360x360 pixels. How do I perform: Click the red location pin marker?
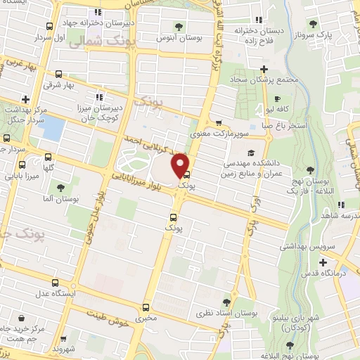[181, 165]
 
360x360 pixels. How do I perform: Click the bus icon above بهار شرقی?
[58, 73]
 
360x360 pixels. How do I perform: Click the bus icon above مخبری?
[146, 307]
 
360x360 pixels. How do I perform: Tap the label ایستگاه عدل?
[46, 291]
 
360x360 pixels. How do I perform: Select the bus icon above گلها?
[48, 157]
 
